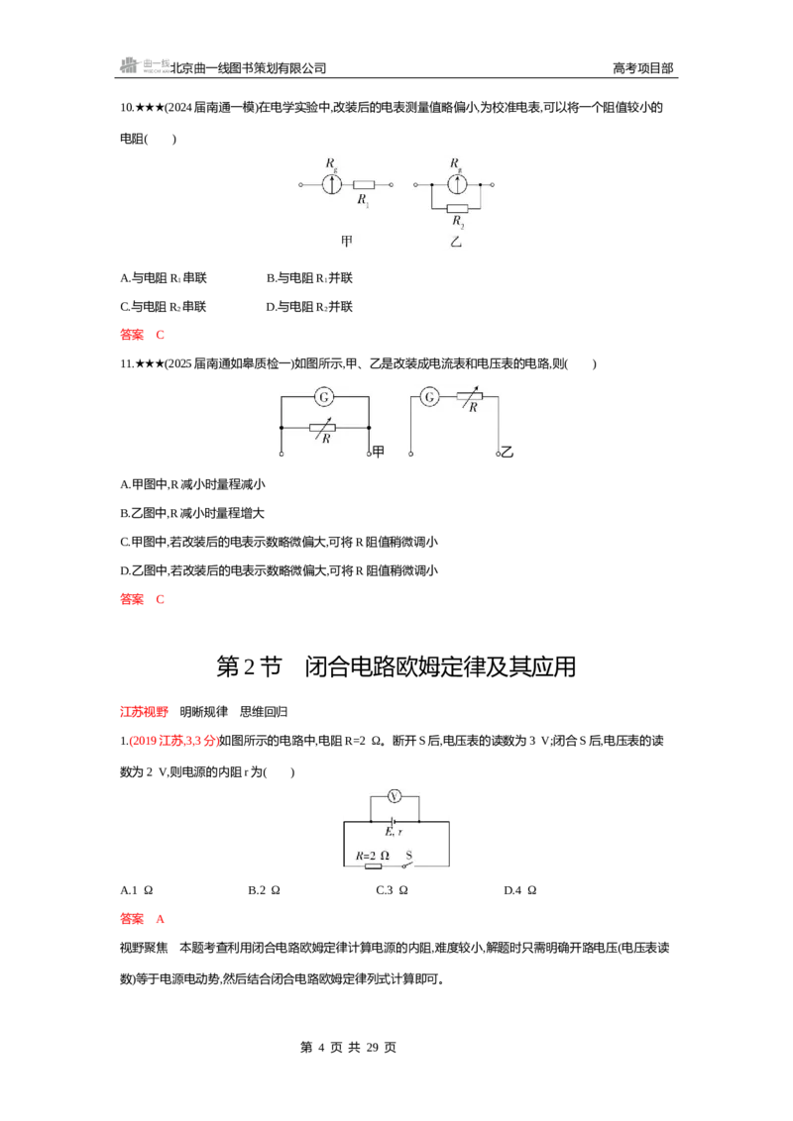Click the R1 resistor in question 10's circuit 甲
[364, 185]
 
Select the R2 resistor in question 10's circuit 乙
[457, 209]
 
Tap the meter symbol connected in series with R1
[331, 184]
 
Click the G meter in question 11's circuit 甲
[324, 397]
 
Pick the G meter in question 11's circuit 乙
[429, 397]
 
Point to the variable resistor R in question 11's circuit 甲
[323, 428]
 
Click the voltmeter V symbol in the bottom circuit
[395, 796]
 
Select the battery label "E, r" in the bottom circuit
[394, 832]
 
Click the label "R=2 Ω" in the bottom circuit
[373, 855]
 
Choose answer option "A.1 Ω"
[137, 890]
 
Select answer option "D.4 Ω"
[520, 890]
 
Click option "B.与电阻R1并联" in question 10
[309, 278]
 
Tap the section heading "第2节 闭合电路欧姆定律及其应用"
[396, 666]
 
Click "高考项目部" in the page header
[642, 68]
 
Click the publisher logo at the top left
[144, 65]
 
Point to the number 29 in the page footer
[372, 1048]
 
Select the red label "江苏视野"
[144, 711]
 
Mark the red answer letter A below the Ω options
[161, 919]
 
